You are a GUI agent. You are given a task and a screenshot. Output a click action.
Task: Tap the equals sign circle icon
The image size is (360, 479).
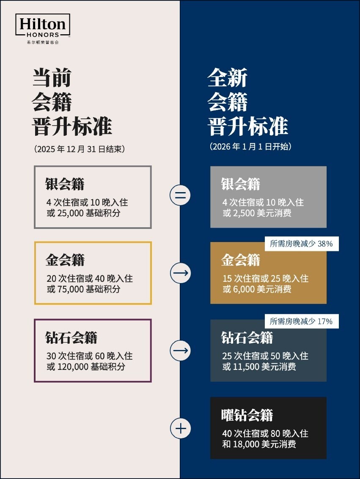tap(180, 195)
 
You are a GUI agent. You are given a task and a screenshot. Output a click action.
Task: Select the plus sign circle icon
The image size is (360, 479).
tap(180, 428)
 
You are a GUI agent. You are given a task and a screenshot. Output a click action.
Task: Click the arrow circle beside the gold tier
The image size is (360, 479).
tap(180, 273)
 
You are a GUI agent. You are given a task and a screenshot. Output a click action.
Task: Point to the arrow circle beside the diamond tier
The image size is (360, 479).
tap(180, 350)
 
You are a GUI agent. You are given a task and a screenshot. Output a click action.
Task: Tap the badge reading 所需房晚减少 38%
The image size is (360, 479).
tap(302, 244)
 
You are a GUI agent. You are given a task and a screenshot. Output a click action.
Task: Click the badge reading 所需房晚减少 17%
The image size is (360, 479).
tap(302, 321)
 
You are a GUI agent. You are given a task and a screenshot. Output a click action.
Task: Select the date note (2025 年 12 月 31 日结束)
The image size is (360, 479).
tap(80, 149)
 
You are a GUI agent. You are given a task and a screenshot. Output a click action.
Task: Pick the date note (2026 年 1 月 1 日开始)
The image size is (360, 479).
tap(250, 147)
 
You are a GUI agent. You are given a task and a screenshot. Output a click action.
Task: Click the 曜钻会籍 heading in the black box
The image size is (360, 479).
tap(247, 415)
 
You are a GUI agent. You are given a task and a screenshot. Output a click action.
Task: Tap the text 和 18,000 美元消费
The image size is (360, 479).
tap(259, 444)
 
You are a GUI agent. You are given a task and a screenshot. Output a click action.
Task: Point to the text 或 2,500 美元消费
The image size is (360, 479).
tap(257, 213)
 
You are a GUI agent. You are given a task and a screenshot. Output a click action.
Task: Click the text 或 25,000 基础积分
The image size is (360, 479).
tap(83, 213)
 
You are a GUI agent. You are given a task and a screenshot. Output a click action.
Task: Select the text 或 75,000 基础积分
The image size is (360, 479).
tap(83, 289)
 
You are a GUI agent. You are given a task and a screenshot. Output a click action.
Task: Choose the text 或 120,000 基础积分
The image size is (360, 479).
tap(86, 366)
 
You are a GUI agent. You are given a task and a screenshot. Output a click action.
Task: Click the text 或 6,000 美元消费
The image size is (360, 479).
tap(257, 289)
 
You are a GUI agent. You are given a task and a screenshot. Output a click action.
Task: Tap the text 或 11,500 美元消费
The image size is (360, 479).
tap(259, 366)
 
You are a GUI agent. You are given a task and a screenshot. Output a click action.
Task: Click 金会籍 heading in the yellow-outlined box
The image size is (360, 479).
tap(65, 260)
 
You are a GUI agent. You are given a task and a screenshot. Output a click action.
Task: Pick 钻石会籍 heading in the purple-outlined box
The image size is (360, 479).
tap(71, 338)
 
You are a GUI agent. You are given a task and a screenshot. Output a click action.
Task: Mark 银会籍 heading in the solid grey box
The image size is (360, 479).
tap(241, 184)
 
